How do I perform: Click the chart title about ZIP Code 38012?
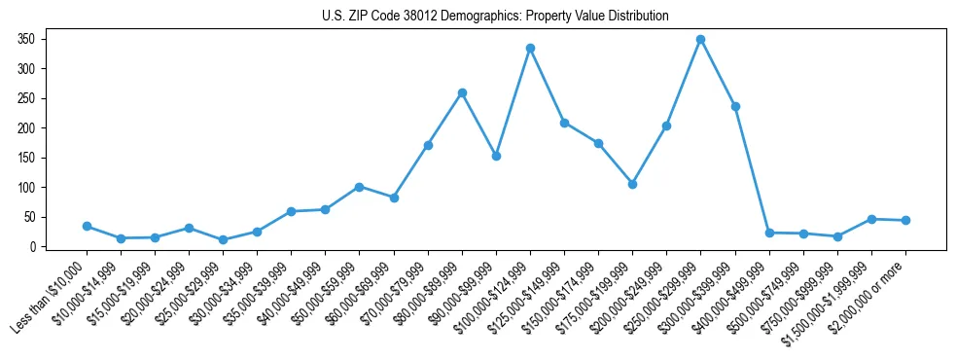(x=495, y=17)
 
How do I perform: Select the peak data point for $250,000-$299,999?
(x=700, y=40)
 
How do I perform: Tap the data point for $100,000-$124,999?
(x=530, y=48)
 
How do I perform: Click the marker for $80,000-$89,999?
(x=462, y=93)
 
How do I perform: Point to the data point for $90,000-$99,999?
(x=496, y=156)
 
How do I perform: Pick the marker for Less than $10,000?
(x=87, y=226)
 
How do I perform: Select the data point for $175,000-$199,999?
(x=632, y=184)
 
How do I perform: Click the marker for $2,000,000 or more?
(x=905, y=220)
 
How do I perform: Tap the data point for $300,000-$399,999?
(x=735, y=106)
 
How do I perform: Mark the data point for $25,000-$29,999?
(x=223, y=239)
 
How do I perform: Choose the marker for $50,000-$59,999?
(x=359, y=187)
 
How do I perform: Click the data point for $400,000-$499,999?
(x=769, y=233)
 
